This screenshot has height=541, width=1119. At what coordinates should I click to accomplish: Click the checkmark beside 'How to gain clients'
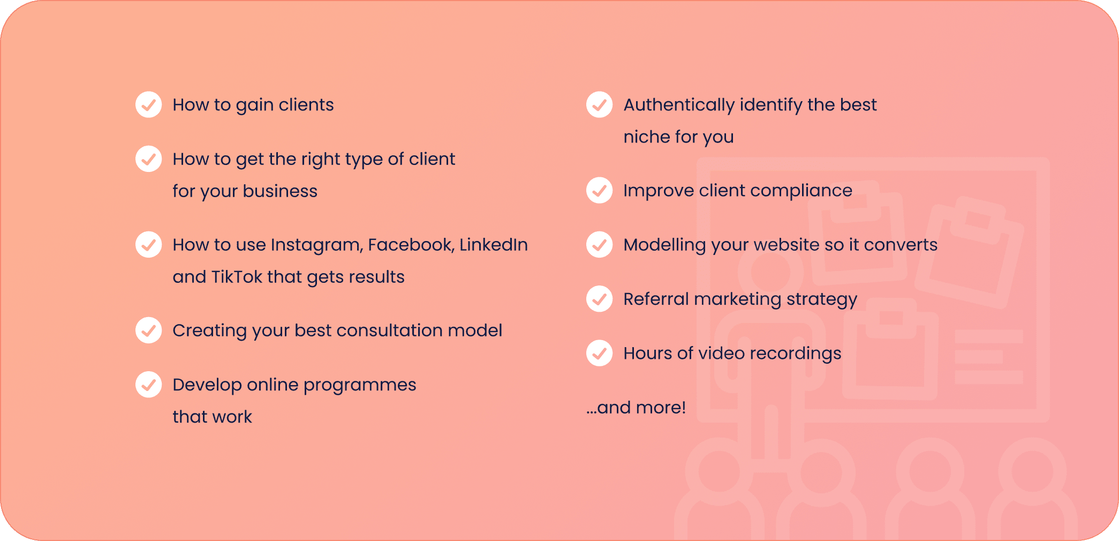coord(149,104)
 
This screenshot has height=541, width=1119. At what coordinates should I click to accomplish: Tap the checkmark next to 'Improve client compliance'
coord(600,190)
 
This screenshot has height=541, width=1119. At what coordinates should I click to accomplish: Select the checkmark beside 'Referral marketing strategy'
coord(600,299)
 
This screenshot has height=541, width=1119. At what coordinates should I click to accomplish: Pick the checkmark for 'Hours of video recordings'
coord(600,353)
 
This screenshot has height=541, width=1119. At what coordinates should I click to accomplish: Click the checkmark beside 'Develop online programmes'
coord(149,385)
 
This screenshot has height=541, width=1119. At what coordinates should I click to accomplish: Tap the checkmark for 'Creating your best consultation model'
coord(149,330)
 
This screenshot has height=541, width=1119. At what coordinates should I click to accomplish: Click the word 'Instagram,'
coord(317,245)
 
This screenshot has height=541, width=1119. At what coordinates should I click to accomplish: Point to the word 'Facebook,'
coord(411,245)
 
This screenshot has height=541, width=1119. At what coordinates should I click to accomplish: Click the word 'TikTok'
coord(237,276)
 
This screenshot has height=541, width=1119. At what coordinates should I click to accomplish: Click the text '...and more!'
coord(636,408)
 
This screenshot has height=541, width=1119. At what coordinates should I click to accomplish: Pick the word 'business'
coord(280,191)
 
